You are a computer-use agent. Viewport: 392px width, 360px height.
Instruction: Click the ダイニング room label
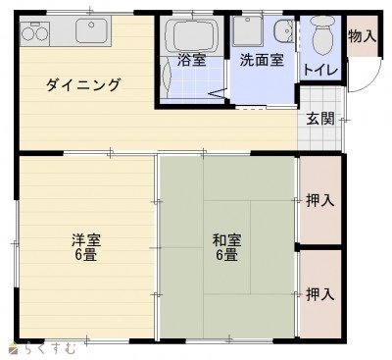pyautogui.click(x=83, y=85)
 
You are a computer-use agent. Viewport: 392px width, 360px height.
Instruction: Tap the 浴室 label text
pyautogui.click(x=191, y=60)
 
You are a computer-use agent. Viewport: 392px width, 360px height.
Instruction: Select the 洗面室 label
pyautogui.click(x=262, y=60)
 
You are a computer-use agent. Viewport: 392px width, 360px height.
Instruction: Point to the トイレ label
pyautogui.click(x=320, y=70)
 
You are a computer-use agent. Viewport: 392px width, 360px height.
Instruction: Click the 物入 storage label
pyautogui.click(x=362, y=35)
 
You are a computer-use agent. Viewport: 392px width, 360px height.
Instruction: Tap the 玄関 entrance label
pyautogui.click(x=320, y=119)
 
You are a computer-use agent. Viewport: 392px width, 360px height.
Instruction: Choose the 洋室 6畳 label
pyautogui.click(x=86, y=247)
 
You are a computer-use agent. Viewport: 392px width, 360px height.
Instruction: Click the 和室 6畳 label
pyautogui.click(x=226, y=247)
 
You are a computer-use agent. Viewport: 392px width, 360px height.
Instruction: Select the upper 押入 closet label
pyautogui.click(x=320, y=200)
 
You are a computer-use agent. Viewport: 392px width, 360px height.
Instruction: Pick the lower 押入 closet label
pyautogui.click(x=320, y=294)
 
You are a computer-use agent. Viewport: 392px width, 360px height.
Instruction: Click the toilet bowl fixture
pyautogui.click(x=322, y=35)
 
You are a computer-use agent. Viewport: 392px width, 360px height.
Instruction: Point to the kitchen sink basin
pyautogui.click(x=92, y=30)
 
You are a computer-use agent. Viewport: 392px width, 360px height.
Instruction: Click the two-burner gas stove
pyautogui.click(x=34, y=33)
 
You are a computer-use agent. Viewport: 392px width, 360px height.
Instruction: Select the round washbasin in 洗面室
pyautogui.click(x=284, y=31)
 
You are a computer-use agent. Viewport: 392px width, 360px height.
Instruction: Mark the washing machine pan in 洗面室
pyautogui.click(x=248, y=30)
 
